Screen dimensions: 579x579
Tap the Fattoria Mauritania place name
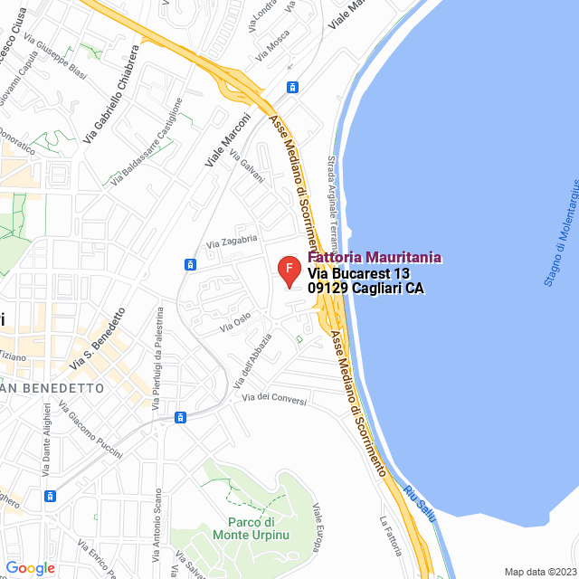coord(375,258)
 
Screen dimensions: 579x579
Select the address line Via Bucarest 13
coord(359,273)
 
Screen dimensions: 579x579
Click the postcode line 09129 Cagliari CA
coord(365,289)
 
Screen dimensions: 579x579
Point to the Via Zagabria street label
coord(233,242)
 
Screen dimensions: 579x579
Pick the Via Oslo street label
coord(234,324)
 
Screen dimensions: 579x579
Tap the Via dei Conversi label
coord(274,398)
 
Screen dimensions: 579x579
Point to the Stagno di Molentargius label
coord(560,243)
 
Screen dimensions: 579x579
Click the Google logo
coord(30,568)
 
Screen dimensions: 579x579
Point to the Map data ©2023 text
coord(539,572)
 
